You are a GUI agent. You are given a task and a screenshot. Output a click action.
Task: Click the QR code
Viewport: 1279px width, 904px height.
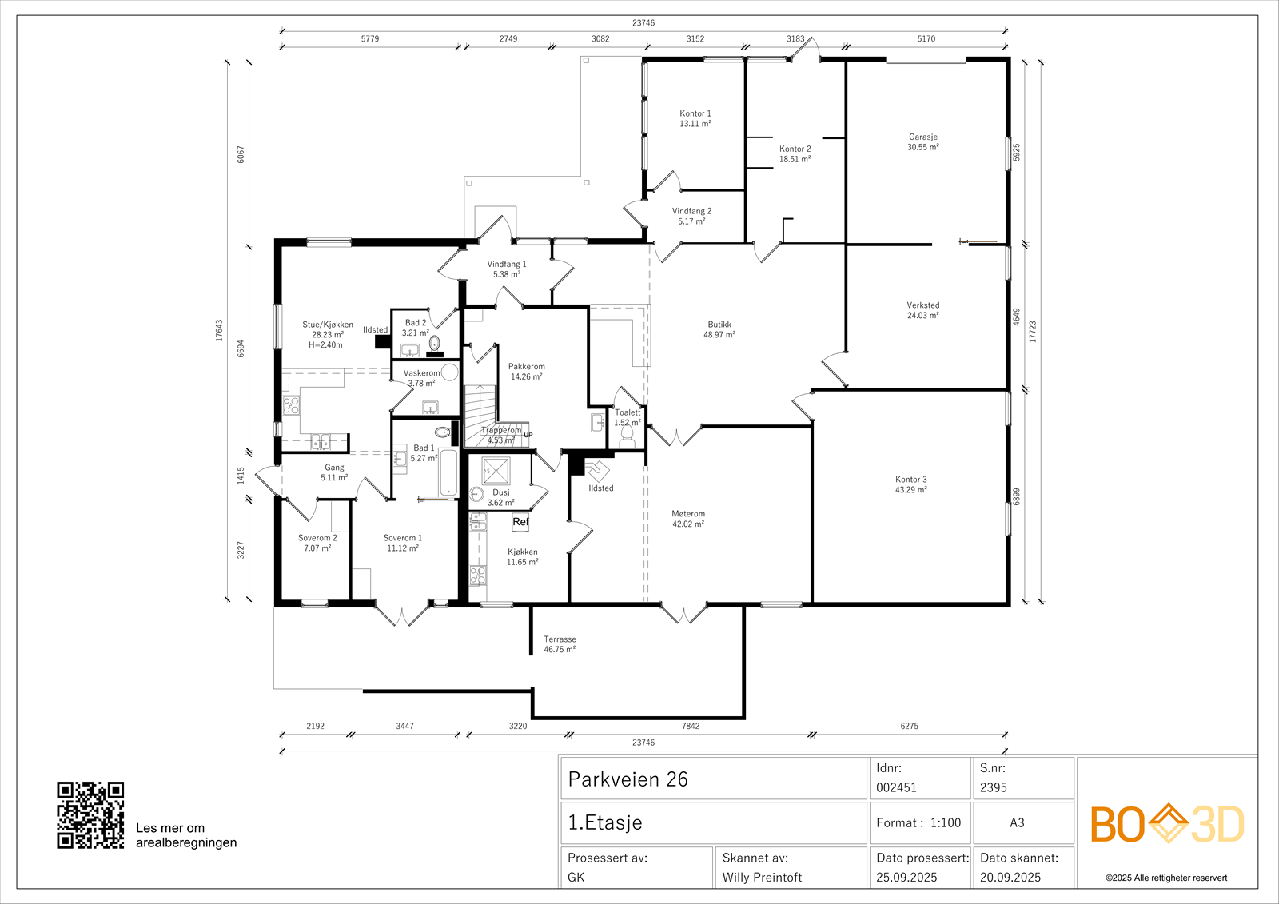click(x=90, y=815)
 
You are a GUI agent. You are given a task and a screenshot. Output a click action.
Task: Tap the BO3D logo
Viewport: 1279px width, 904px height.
click(x=1167, y=823)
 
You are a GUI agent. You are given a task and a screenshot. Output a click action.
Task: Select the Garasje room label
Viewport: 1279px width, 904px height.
click(x=923, y=137)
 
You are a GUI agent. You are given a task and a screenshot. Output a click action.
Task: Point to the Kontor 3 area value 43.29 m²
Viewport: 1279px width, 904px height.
click(x=910, y=490)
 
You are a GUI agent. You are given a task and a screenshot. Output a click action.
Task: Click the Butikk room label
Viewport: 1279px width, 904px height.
click(x=719, y=325)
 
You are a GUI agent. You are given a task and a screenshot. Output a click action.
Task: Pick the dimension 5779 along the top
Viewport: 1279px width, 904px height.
click(x=370, y=39)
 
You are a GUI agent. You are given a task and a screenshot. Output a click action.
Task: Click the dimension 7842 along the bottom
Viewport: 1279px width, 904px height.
click(x=691, y=726)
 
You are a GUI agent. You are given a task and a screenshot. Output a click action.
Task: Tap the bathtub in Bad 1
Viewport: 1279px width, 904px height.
click(x=448, y=473)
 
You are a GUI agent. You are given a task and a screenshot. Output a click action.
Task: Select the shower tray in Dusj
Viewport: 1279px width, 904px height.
click(x=496, y=471)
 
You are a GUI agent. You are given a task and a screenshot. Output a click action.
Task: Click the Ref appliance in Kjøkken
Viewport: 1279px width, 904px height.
click(x=520, y=522)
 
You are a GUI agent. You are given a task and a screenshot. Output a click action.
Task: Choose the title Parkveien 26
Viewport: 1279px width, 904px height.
click(x=628, y=779)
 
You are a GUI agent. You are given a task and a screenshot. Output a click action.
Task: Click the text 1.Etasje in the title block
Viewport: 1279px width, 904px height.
click(x=604, y=822)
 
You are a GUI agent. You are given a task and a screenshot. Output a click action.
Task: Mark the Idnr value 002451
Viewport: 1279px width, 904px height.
click(x=896, y=787)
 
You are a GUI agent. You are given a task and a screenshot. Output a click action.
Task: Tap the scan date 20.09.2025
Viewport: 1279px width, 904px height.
click(x=1010, y=877)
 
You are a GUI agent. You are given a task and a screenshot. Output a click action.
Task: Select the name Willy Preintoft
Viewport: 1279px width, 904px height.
click(x=762, y=877)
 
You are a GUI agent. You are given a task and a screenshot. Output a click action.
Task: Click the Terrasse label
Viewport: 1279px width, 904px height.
click(x=560, y=639)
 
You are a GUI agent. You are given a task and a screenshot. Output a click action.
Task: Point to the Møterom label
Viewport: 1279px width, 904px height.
click(x=688, y=514)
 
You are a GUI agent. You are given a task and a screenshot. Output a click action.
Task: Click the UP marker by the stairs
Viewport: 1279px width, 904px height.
click(x=528, y=435)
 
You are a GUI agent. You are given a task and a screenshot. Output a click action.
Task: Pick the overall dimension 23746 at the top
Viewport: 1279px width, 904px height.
click(x=643, y=23)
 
